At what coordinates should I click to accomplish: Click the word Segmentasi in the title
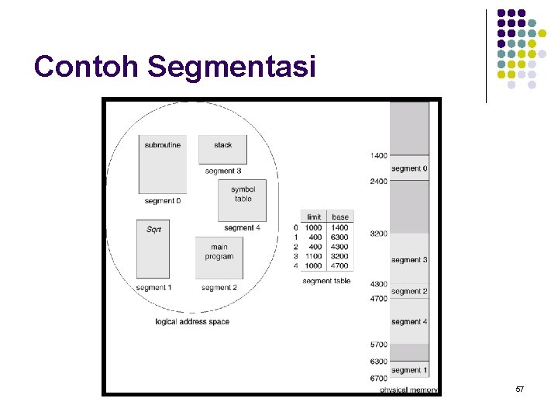pos(232,67)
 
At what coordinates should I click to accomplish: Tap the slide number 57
pos(520,388)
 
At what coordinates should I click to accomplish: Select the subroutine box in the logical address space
pos(163,164)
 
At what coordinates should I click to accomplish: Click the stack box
pos(223,149)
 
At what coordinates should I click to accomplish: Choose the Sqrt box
pos(153,249)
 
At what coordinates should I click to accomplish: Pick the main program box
pos(219,257)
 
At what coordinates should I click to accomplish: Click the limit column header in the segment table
pos(314,217)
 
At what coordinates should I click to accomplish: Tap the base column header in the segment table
pos(339,217)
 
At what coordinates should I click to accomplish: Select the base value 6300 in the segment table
pos(339,237)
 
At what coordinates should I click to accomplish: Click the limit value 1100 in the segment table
pos(314,256)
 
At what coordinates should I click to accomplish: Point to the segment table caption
pos(326,281)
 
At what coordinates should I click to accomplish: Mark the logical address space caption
pos(192,322)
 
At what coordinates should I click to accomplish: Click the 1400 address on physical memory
pos(378,156)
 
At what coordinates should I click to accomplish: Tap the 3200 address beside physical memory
pos(378,233)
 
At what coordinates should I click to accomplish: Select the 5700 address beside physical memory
pos(378,344)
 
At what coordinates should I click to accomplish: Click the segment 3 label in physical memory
pos(408,260)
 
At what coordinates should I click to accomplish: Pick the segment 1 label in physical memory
pos(408,370)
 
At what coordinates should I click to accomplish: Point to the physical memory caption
pos(409,390)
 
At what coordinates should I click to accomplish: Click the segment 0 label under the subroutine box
pos(162,201)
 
